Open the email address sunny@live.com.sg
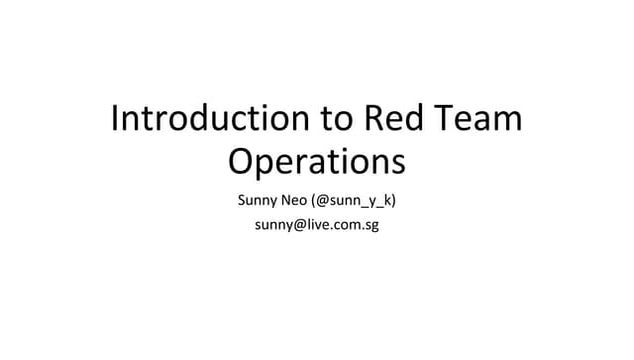316,225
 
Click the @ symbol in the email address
296,225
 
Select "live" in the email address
315,225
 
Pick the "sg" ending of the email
370,226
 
